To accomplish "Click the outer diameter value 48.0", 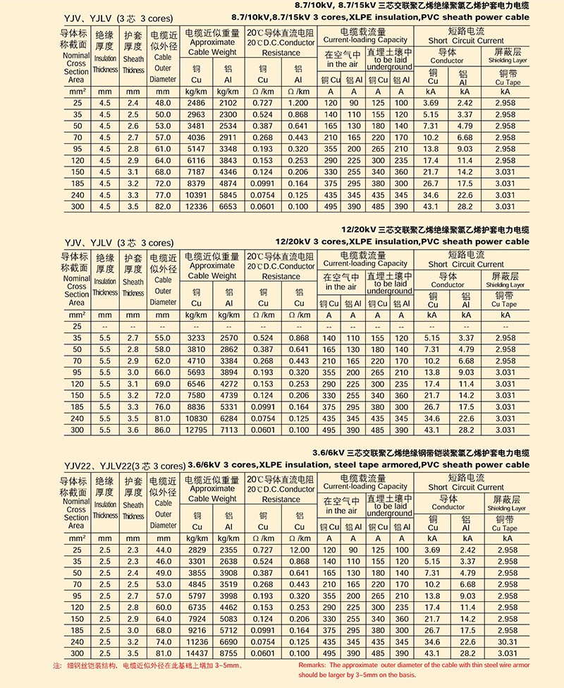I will (163, 104).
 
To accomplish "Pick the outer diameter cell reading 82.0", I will (163, 206).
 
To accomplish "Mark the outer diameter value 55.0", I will (163, 338).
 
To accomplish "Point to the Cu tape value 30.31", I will (505, 641).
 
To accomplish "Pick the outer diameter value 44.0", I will (163, 550).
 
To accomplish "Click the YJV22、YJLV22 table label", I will (123, 466).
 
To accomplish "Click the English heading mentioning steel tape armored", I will (360, 465).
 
